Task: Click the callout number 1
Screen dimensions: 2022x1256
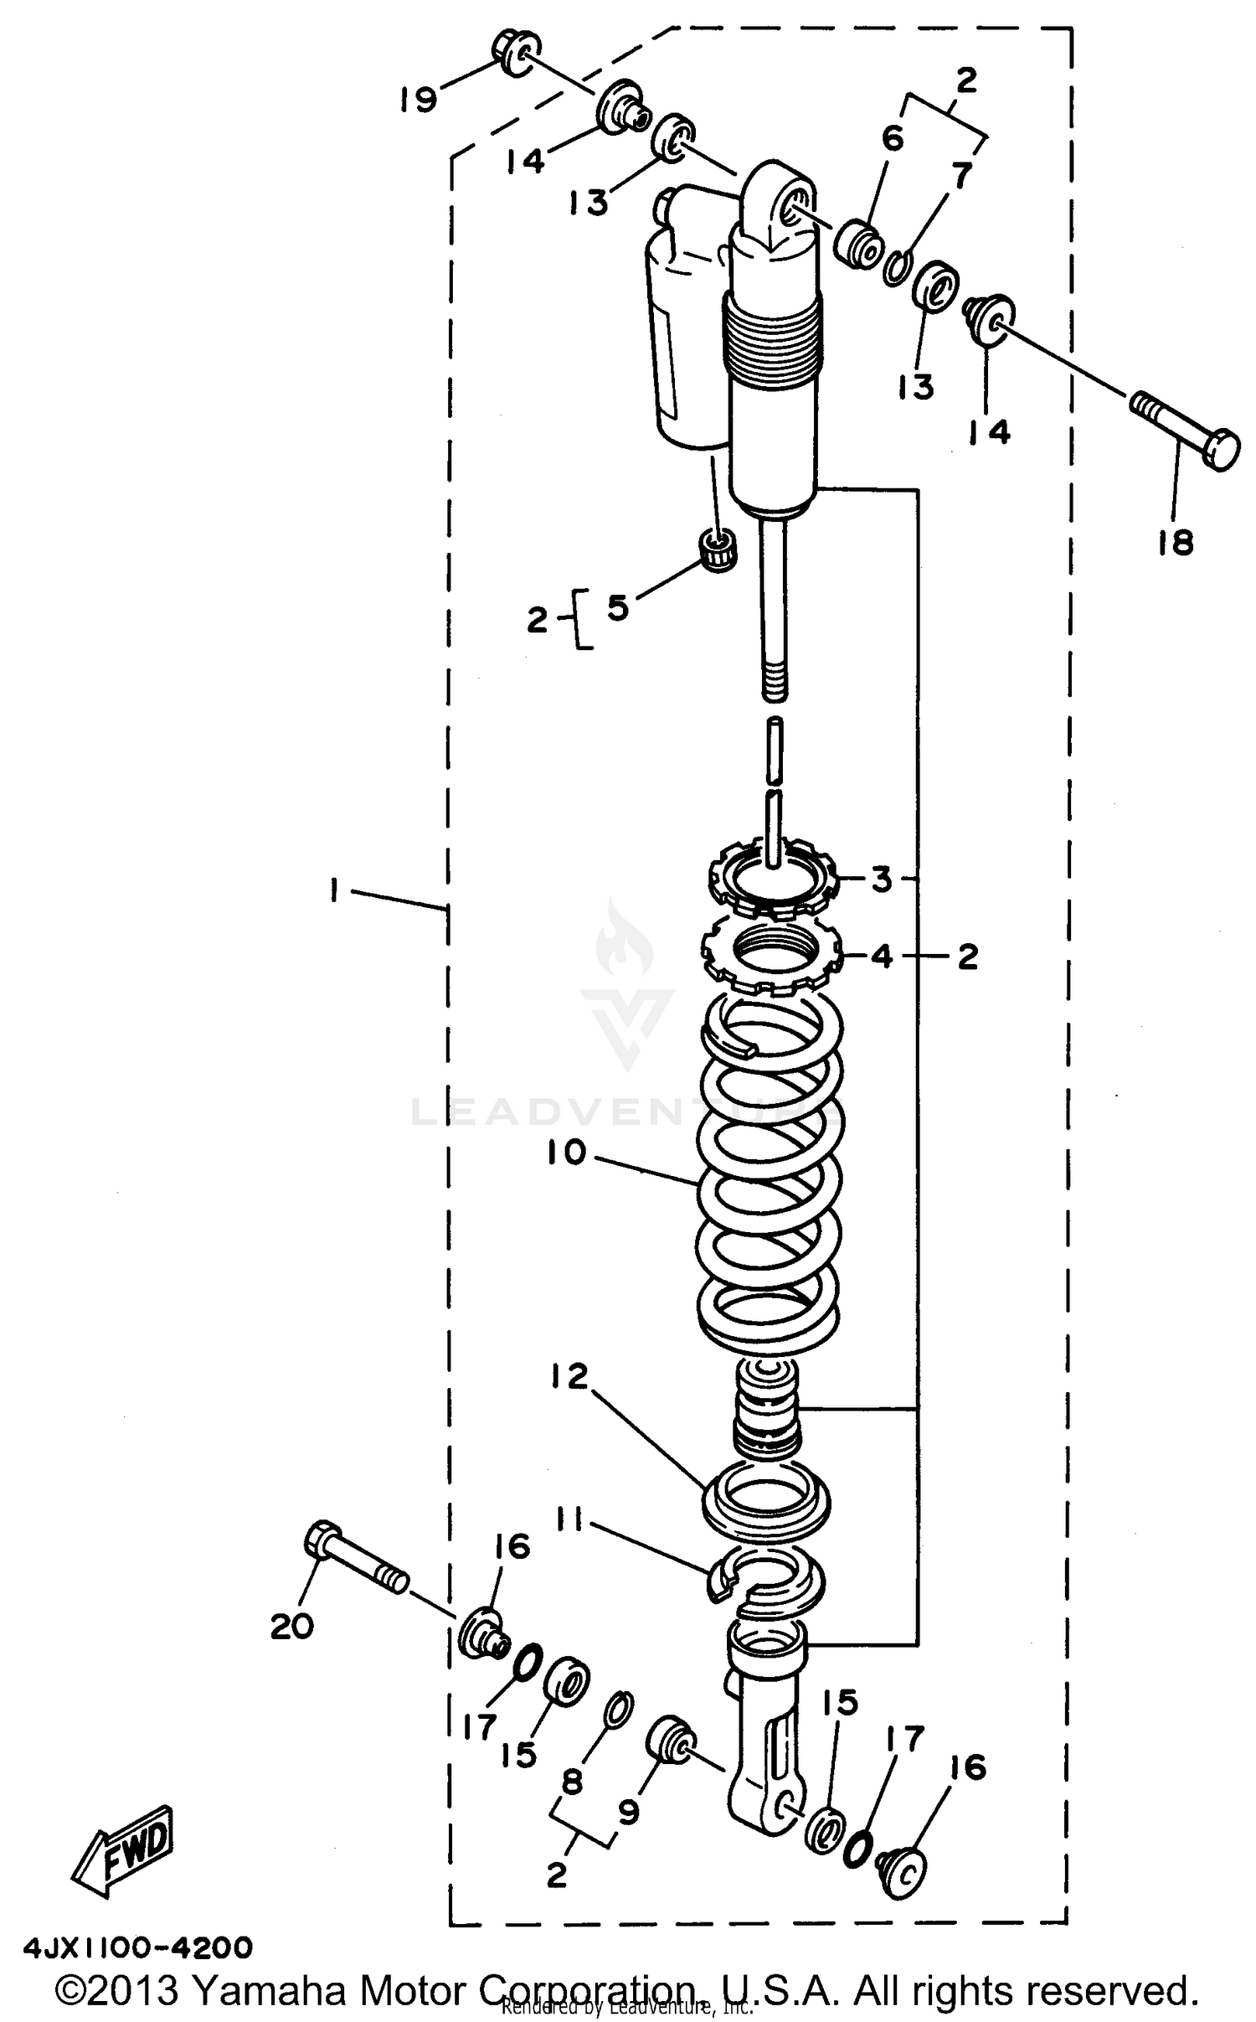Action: (334, 891)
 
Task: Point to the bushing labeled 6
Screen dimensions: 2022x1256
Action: (861, 245)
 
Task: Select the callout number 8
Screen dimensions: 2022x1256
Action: (571, 1782)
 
